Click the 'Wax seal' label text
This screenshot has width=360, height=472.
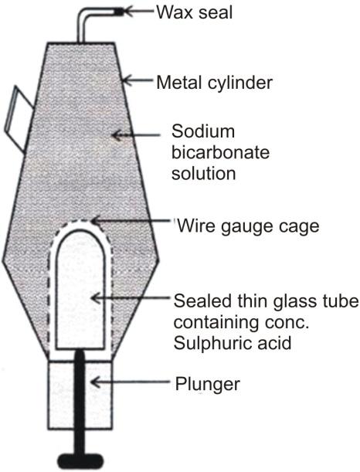click(195, 12)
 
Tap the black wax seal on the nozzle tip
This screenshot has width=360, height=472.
click(119, 12)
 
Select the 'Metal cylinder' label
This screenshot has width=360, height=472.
click(214, 82)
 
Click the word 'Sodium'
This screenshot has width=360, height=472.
click(203, 131)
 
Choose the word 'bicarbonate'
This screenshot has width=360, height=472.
click(220, 152)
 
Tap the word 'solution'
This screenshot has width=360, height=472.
click(203, 173)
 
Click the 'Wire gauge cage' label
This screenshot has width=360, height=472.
click(248, 226)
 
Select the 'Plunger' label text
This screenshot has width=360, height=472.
click(208, 384)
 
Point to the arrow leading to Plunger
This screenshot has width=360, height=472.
click(131, 382)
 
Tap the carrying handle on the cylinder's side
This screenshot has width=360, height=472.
click(19, 118)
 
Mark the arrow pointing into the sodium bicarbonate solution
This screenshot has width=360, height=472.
click(136, 135)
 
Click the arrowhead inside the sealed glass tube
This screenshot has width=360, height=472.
click(96, 298)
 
